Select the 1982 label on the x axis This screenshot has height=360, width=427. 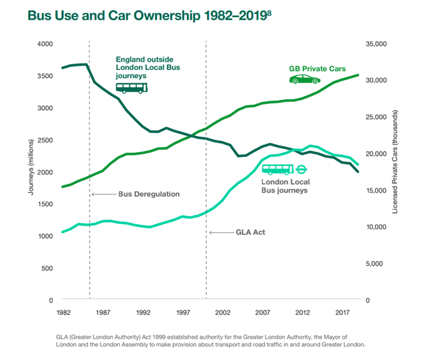coord(62,313)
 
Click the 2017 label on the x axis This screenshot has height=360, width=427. coord(342,313)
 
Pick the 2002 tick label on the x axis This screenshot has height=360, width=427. coord(223,313)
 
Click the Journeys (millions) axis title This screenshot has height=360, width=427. coord(30,171)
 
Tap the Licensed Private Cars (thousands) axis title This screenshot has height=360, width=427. coord(395,171)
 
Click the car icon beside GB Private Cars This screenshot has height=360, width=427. coord(305,80)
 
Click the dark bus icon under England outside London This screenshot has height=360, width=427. coord(131,88)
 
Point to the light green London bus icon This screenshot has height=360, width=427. coord(277,169)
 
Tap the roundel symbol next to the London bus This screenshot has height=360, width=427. coord(302,169)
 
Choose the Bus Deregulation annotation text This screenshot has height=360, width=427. coord(149,194)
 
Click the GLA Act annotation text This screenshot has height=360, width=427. coord(250,233)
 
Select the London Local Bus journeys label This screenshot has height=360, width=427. coord(284,186)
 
